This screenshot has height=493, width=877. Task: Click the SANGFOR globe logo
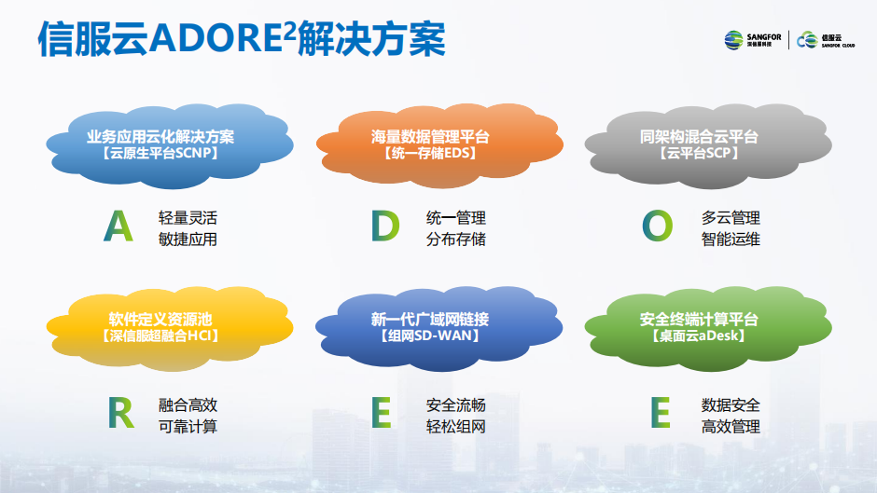click(733, 40)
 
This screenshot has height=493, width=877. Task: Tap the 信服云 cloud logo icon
click(807, 40)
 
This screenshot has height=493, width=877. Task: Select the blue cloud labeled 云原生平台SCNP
click(170, 145)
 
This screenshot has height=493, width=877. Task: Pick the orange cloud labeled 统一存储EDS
click(439, 145)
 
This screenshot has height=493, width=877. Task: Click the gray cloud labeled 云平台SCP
click(708, 145)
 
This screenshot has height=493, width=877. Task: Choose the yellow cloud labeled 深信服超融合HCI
click(170, 329)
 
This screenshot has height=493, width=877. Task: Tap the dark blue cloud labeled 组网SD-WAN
click(439, 329)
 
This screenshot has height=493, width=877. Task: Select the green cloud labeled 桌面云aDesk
click(708, 329)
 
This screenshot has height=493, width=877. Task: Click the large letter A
click(118, 226)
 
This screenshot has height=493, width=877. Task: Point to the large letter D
click(385, 226)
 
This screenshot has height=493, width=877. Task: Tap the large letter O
click(657, 226)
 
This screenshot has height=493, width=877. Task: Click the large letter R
click(120, 413)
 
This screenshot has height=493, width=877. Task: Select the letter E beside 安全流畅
click(382, 413)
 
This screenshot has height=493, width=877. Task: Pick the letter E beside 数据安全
click(661, 413)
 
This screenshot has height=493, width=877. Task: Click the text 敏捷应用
click(188, 240)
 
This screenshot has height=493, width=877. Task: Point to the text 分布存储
click(456, 240)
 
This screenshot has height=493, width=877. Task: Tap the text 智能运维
click(731, 240)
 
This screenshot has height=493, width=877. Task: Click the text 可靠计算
click(188, 427)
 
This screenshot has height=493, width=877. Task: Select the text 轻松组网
click(456, 427)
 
